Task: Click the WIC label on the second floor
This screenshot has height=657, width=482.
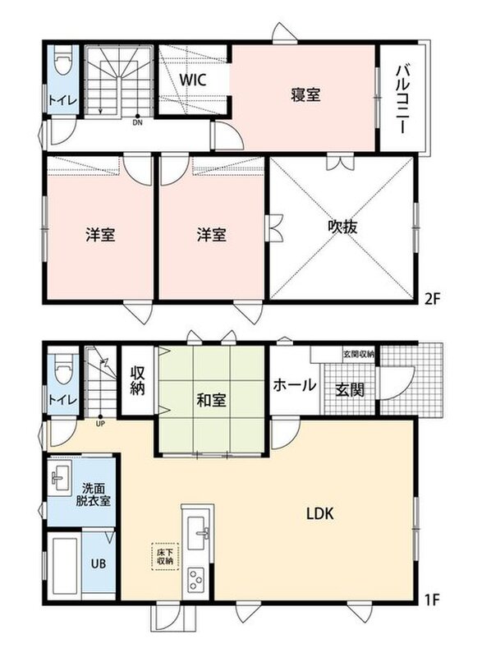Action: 193,80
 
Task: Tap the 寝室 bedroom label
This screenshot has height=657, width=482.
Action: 305,94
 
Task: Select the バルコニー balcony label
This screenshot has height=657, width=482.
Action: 402,99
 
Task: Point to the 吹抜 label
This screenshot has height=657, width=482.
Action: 342,227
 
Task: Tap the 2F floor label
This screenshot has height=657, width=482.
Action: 432,299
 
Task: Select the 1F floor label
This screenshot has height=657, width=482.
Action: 432,600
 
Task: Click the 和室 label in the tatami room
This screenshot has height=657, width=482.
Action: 212,400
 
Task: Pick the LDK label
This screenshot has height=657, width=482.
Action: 320,513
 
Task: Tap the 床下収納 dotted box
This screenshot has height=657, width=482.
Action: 165,557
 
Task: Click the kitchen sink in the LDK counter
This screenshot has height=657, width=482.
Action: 198,532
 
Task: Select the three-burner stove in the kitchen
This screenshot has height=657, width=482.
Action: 196,580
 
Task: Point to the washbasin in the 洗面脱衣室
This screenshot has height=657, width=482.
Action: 60,477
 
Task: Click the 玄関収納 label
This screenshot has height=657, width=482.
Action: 359,354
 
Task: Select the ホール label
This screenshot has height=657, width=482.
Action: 295,384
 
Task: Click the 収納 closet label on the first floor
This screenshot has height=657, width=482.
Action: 137,380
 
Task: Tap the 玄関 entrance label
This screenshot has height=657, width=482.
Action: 350,390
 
